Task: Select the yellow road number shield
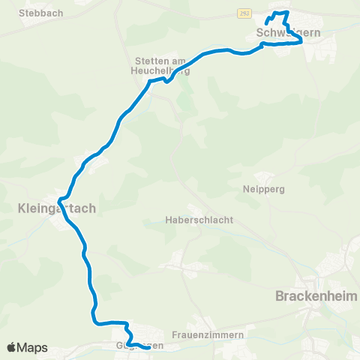point(245,13)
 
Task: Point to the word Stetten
point(144,61)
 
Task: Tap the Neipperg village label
point(265,189)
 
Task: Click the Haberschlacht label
point(200,220)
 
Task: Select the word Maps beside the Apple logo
point(34,347)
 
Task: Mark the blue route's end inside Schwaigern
point(266,24)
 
